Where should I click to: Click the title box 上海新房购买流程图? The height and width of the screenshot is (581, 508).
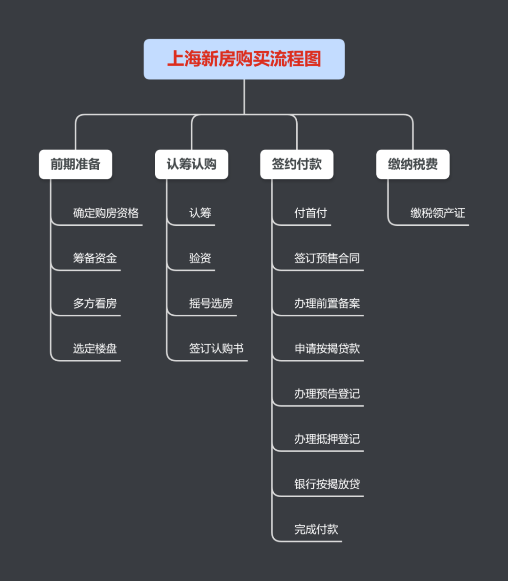point(244,59)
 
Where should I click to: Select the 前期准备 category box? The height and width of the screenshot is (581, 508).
point(75,164)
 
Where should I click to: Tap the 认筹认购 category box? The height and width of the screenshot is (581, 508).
point(191,164)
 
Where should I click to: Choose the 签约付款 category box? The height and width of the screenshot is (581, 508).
point(297,164)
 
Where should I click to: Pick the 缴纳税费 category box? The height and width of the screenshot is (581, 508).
point(413,164)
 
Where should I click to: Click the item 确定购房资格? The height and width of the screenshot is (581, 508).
point(106,213)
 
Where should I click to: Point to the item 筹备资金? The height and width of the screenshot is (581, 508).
point(95,258)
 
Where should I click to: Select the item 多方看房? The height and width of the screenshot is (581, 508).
point(95,303)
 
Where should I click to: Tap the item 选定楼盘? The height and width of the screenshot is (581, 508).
point(95,349)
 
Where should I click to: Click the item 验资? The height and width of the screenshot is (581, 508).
point(200,258)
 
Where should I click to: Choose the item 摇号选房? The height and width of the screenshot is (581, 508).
point(211,303)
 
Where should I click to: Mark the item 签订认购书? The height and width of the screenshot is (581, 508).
point(216,349)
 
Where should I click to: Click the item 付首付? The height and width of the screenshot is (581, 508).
point(310,213)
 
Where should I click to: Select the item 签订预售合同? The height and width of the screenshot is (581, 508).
point(327,258)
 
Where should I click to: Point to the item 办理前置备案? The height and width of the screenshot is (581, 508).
point(327,303)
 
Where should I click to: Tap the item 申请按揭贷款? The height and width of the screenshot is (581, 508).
point(327,349)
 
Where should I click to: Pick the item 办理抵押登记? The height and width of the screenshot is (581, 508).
point(327,439)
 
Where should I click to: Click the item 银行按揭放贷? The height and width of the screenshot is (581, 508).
point(327,484)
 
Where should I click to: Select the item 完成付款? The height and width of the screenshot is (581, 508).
point(316,529)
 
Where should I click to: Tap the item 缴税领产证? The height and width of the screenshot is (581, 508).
point(437,213)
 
